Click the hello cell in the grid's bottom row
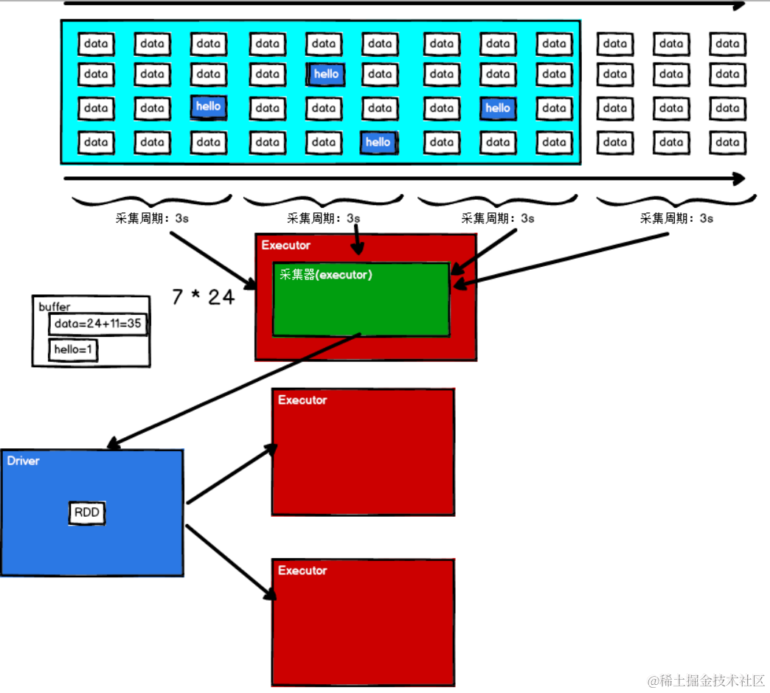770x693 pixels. (378, 142)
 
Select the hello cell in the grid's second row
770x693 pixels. (325, 74)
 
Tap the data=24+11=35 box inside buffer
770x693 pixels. (98, 324)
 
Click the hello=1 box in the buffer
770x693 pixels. (74, 350)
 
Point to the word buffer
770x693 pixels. (55, 306)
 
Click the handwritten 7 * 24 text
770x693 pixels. (203, 297)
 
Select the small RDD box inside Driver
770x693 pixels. (88, 513)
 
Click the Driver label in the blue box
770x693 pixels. (24, 461)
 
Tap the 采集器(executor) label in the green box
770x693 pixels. (325, 275)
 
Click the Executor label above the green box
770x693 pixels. (285, 245)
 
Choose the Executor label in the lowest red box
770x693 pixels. (302, 571)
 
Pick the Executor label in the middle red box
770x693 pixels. (302, 400)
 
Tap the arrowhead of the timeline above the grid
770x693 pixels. (738, 5)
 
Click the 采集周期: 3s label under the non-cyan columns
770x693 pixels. (676, 218)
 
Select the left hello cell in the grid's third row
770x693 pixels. (208, 107)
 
